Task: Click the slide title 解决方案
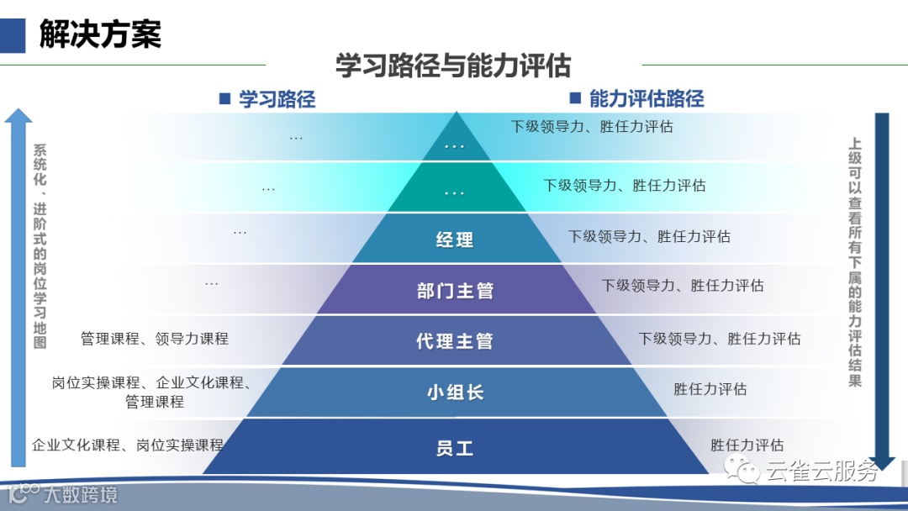coord(100,34)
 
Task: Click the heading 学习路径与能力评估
coord(453,66)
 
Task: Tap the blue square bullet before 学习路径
coord(224,99)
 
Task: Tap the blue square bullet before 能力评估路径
coord(576,98)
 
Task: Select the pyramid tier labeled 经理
coord(455,240)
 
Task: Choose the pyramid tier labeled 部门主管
coord(455,291)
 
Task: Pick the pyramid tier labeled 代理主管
coord(455,341)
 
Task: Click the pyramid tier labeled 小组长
coord(455,392)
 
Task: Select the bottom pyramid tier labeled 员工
coord(455,448)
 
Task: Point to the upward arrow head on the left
coord(18,115)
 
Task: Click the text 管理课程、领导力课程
coord(155,339)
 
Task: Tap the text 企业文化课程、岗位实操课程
coord(128,445)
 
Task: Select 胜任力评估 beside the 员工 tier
coord(747,445)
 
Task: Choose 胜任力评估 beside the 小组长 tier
coord(710,389)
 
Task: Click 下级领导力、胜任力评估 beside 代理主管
coord(719,339)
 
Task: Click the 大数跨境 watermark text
coord(81,494)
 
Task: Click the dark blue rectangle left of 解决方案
coord(12,34)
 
